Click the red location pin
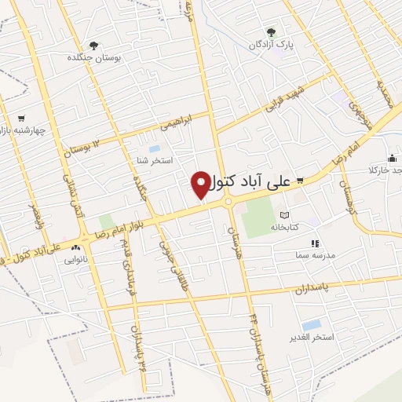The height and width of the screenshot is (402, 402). [x=201, y=184]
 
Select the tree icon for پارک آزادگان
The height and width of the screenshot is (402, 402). [x=271, y=33]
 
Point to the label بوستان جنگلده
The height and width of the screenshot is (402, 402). [x=93, y=57]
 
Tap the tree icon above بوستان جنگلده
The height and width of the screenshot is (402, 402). [x=93, y=45]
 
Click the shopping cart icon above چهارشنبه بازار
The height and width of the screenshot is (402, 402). [x=20, y=118]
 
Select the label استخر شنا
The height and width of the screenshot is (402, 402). [x=153, y=161]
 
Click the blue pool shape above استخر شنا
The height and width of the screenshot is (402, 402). [x=154, y=148]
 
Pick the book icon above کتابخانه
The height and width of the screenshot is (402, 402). [x=284, y=215]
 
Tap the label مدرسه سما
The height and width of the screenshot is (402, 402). [x=314, y=255]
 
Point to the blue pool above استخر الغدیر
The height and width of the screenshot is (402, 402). [x=312, y=324]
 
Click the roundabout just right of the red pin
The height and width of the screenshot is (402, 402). [x=229, y=202]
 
